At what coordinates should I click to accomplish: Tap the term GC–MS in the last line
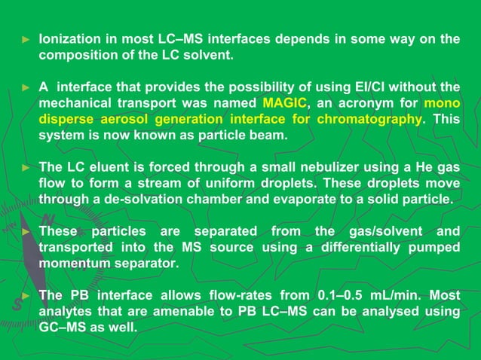tap(64, 328)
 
